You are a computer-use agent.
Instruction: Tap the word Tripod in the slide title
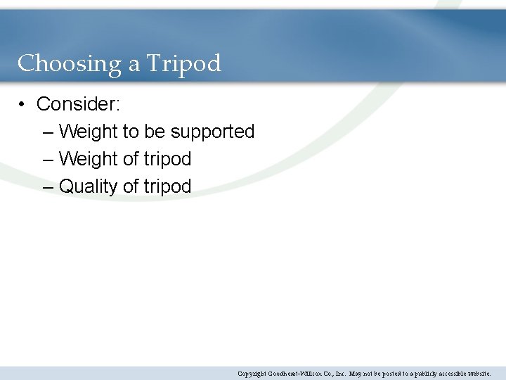[183, 64]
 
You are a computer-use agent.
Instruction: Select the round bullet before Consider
[23, 105]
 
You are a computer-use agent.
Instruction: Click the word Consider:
[79, 104]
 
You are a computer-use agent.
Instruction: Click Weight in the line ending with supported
[89, 132]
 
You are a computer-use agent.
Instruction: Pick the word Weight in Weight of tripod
[89, 160]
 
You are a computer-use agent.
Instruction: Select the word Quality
[89, 187]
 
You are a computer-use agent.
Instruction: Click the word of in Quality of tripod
[131, 186]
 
